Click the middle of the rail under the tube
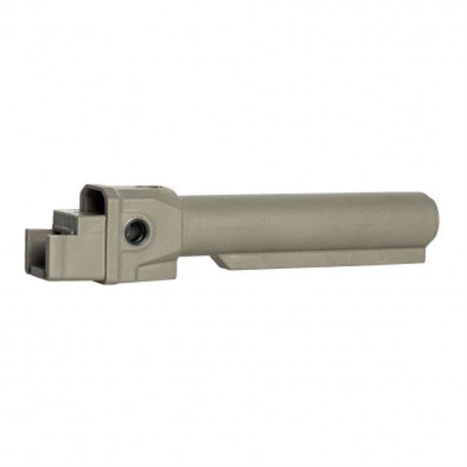point(321,259)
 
